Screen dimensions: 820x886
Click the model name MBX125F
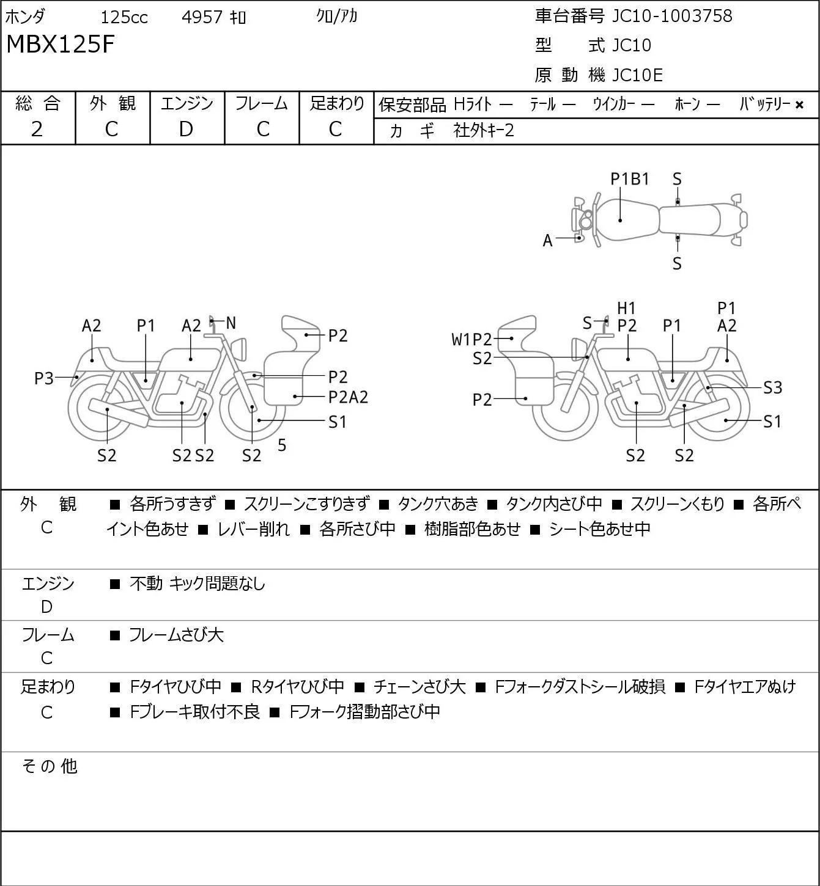pos(61,44)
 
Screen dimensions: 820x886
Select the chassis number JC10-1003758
pos(672,16)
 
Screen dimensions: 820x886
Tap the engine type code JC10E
pos(637,75)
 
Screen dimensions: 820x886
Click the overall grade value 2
pos(37,130)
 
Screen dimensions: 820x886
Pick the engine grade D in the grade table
pos(187,130)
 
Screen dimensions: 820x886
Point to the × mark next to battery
pos(799,105)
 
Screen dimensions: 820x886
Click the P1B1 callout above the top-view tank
pos(629,179)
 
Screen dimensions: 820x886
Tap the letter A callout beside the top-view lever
pos(547,241)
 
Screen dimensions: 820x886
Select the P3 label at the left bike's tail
pos(44,378)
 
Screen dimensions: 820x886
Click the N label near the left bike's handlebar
pos(231,323)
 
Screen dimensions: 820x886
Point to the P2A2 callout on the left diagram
pos(348,397)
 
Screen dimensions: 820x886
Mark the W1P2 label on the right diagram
pos(471,340)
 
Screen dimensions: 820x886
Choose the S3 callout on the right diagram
pos(773,387)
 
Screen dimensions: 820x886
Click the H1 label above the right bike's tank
pos(626,309)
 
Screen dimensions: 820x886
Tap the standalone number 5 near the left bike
pos(282,445)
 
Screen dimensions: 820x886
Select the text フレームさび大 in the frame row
pos(176,634)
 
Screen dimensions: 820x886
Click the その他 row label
pos(50,766)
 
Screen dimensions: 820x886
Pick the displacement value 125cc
pos(124,17)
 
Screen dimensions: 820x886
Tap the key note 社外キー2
pos(484,131)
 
